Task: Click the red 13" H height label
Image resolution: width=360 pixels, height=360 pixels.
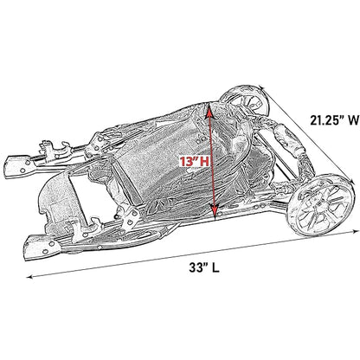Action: [195, 161]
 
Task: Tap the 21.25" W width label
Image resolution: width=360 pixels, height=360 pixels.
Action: [335, 120]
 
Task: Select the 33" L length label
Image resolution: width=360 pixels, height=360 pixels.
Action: [204, 267]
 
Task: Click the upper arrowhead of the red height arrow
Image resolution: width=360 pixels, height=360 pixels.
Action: [209, 110]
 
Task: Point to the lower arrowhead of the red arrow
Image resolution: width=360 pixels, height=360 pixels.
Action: [215, 211]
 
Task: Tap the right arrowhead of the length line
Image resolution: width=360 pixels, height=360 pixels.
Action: [354, 231]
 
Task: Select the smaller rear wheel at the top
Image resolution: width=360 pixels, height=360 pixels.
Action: [245, 100]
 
